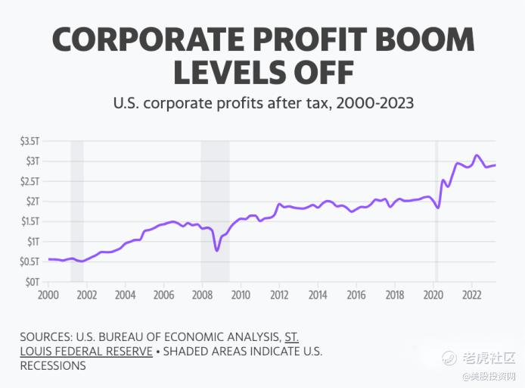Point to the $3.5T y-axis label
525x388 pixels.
30,141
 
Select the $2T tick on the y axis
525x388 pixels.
33,202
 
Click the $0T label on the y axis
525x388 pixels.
33,282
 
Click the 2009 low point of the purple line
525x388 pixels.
216,250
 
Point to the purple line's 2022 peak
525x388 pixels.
476,155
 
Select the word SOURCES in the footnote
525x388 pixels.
48,337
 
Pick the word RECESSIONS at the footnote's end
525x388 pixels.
53,366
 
